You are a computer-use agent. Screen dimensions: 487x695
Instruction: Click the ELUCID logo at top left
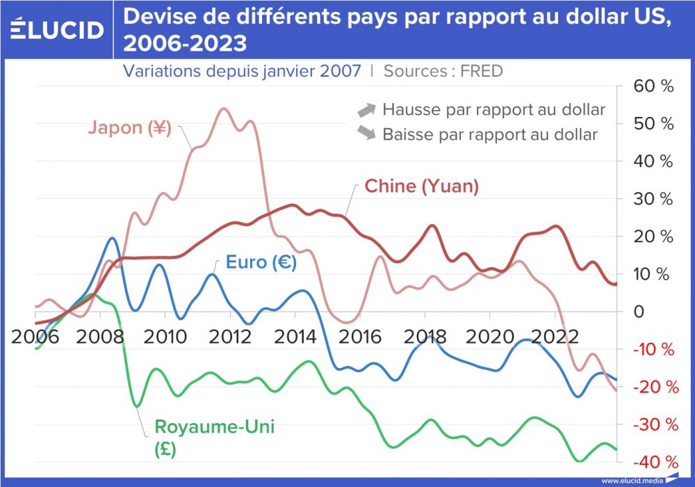58,30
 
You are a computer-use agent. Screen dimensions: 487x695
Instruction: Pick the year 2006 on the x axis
30,336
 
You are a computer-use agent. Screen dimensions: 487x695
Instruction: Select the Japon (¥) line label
130,128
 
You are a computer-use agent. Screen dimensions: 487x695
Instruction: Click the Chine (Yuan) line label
422,186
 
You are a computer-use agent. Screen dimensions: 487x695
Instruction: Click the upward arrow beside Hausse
366,110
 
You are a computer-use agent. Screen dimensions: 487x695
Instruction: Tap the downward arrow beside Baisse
366,133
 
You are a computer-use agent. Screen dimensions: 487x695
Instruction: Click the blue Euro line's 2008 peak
113,238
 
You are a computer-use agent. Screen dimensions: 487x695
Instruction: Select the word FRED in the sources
481,70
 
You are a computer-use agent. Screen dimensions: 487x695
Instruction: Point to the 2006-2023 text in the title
185,44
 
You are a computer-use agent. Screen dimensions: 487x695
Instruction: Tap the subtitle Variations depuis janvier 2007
242,70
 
